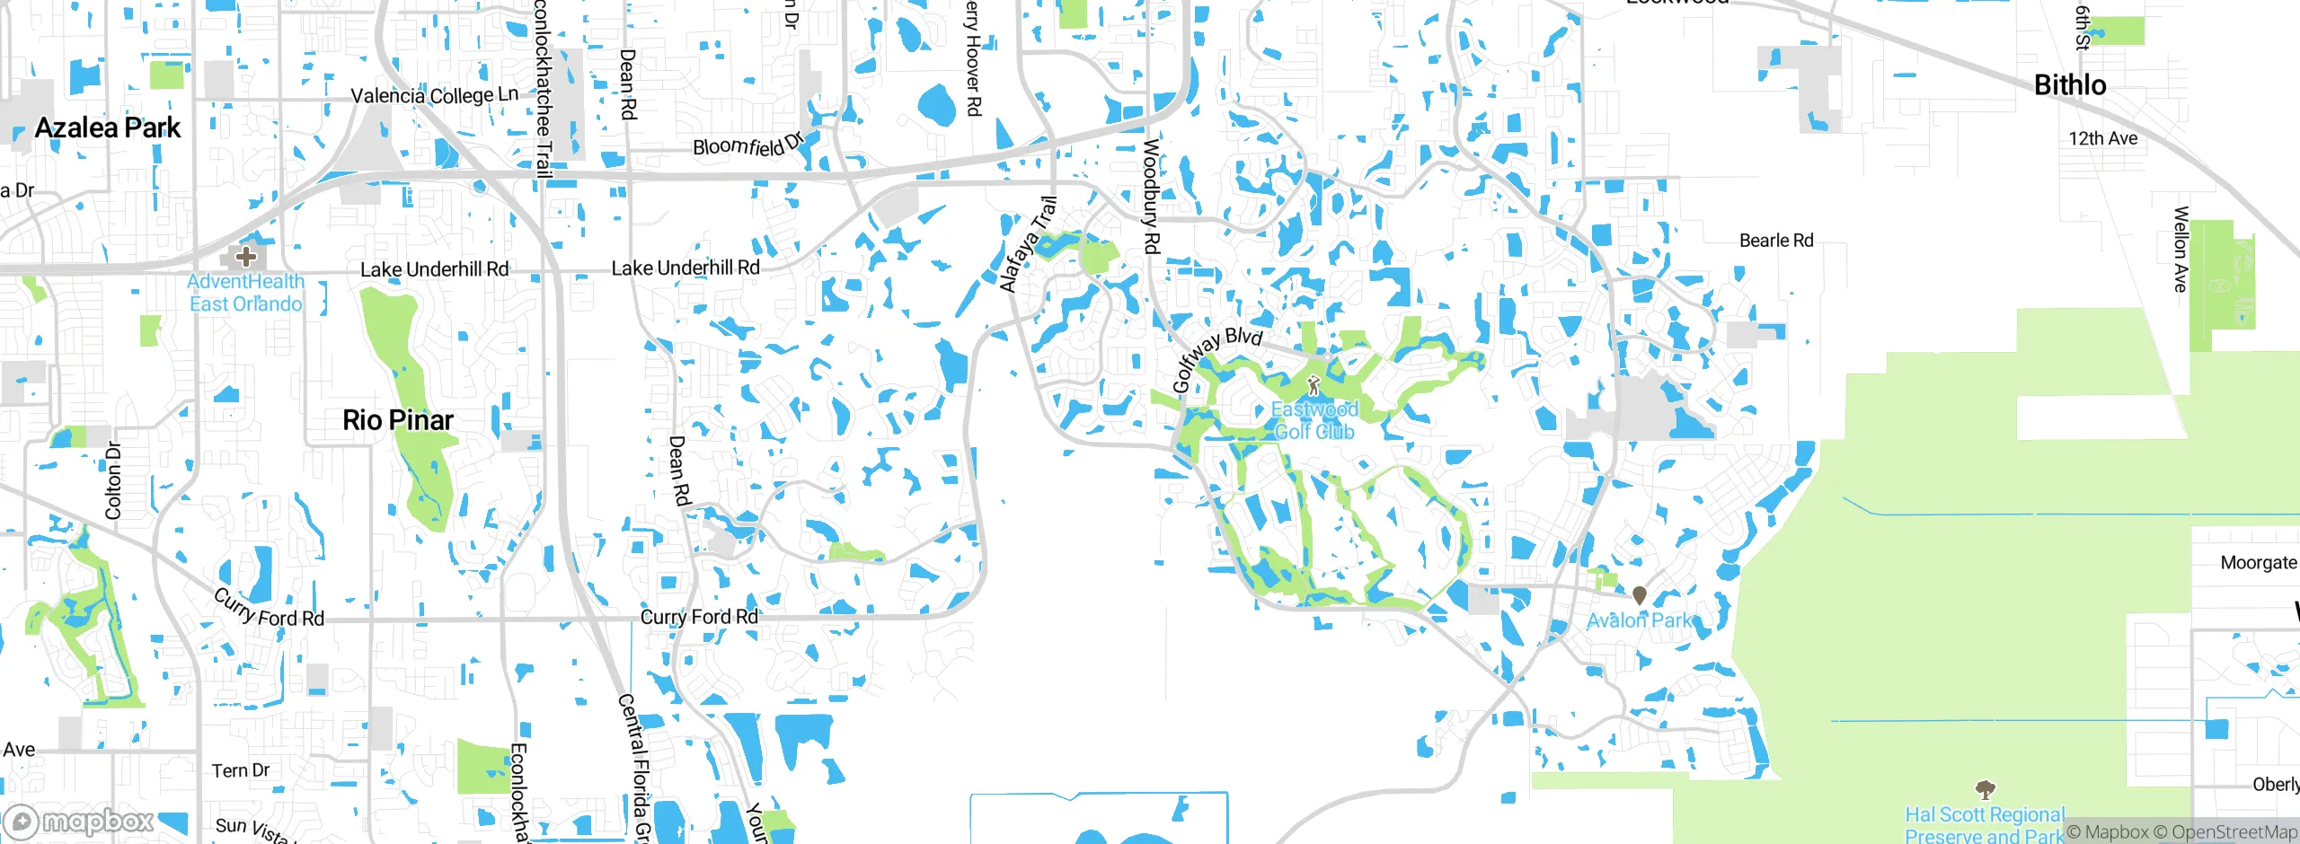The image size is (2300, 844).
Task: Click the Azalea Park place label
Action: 108,128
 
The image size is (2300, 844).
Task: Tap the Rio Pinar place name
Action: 398,420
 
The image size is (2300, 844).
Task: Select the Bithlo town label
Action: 2070,85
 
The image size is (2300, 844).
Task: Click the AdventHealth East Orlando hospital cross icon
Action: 245,257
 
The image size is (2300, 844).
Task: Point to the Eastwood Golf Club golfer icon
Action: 1314,386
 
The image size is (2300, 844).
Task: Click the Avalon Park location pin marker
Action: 1639,595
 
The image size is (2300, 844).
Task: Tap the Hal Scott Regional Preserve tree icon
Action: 1985,790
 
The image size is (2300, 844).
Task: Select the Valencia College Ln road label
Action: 434,95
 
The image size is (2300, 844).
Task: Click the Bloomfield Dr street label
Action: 747,145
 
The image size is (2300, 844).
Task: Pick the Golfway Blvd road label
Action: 1216,357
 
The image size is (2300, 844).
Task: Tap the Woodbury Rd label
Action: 1151,196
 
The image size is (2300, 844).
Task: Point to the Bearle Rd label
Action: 1775,241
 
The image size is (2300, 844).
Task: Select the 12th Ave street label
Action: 2102,138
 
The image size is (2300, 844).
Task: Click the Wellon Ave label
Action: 2181,249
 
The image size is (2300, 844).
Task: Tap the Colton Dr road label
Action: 113,480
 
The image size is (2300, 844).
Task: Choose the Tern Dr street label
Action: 241,770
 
